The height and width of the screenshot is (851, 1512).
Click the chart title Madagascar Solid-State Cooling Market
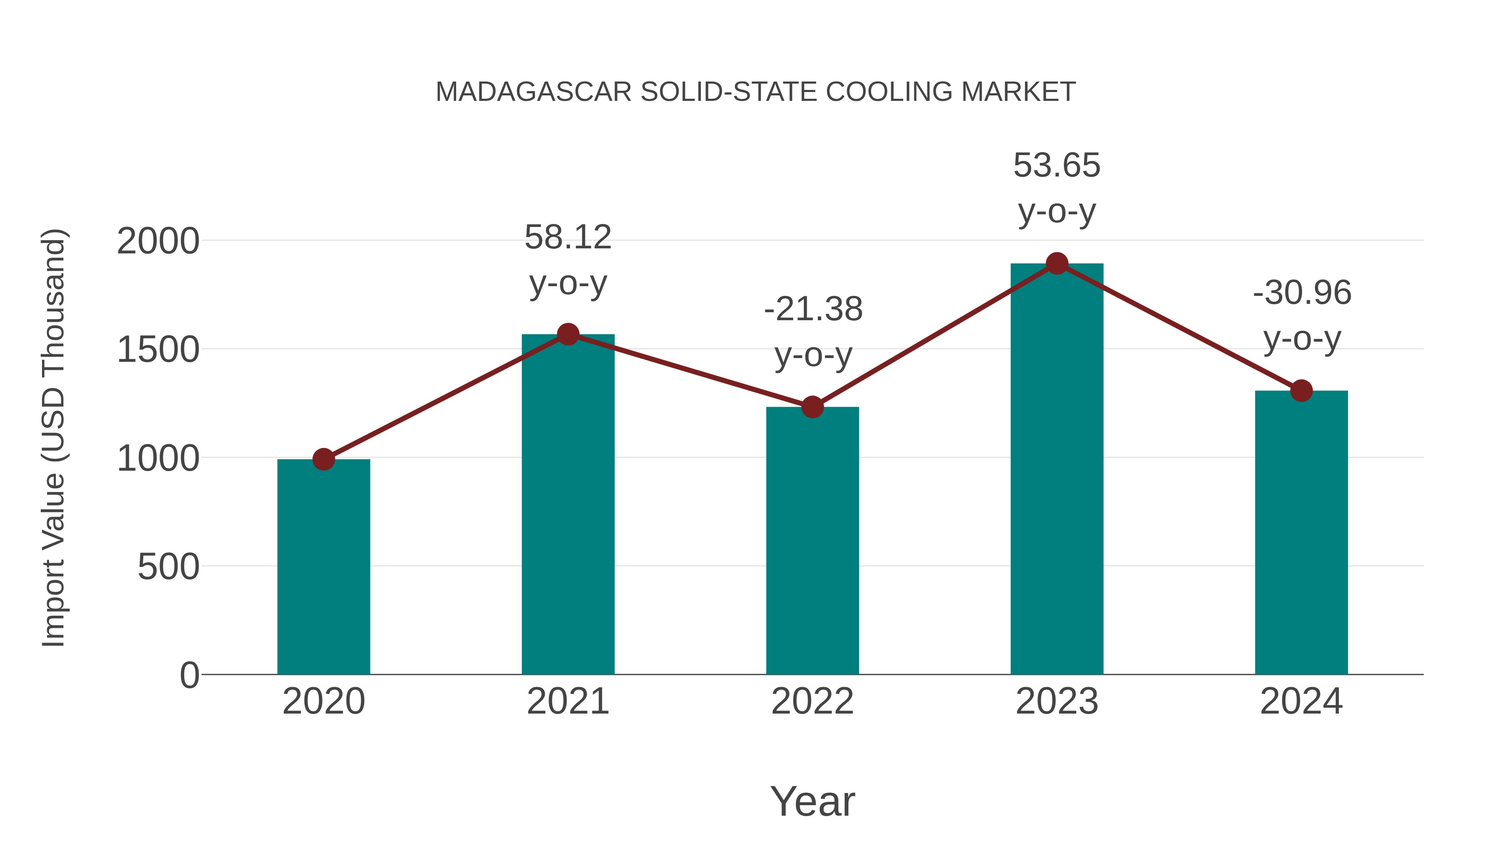pos(756,92)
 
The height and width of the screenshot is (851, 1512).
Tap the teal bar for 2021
pos(567,505)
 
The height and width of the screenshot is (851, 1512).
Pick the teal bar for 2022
pos(812,540)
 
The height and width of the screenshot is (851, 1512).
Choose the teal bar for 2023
pos(1057,470)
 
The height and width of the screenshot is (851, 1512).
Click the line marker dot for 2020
pos(323,459)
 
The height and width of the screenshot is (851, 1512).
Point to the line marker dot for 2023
pos(1057,263)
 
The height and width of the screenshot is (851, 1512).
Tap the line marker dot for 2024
pos(1301,390)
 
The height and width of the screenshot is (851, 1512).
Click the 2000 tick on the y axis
pos(158,241)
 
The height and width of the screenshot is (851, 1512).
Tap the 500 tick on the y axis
pos(168,567)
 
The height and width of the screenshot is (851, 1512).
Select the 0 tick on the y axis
pos(189,675)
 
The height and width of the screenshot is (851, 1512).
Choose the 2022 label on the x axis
pos(812,702)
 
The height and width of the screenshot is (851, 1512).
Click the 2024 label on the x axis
pos(1301,702)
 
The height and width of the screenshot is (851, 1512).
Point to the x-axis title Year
pos(812,802)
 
